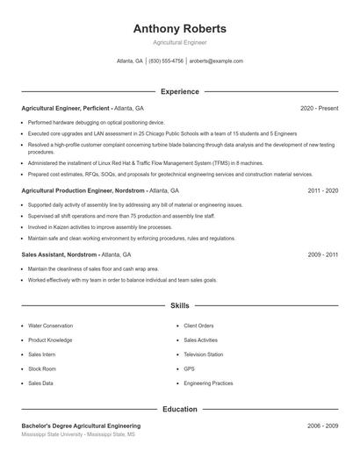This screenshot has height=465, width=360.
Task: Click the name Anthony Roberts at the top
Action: pos(179,28)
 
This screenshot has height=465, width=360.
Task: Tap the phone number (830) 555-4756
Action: pos(166,61)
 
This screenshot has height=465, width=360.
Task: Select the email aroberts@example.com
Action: pos(216,61)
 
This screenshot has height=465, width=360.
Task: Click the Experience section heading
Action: pos(179,91)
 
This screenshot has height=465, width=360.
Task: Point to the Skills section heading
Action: pos(179,306)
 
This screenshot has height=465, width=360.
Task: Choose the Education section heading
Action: pos(179,409)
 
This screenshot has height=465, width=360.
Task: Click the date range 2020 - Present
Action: pos(319,108)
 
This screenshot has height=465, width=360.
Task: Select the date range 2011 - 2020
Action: pos(322,190)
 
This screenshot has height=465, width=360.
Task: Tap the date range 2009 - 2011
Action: pos(322,254)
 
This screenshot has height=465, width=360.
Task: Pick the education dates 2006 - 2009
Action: pos(322,426)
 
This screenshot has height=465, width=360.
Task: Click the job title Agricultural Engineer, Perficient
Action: pos(67,108)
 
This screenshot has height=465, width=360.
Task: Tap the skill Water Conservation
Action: pos(50,325)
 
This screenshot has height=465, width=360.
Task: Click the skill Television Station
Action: pos(203,354)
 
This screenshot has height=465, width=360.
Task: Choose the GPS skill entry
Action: pos(189,368)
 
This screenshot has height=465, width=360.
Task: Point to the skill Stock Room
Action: pos(41,368)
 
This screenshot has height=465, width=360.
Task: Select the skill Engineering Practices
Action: pos(208,383)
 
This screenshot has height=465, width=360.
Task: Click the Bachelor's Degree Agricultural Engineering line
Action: pos(81,426)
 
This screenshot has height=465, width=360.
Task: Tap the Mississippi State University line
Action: pos(79,434)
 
